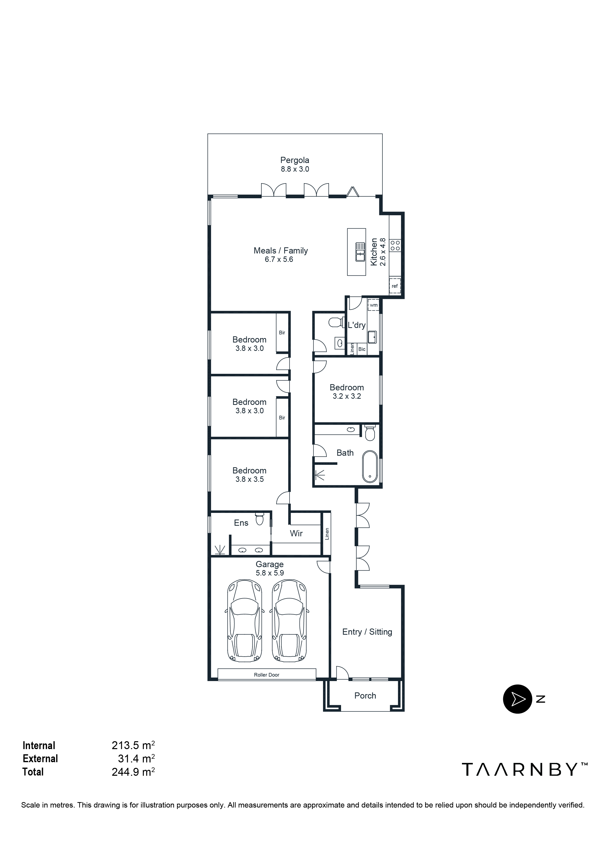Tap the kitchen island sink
pos(360,252)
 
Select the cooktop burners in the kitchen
pos(395,246)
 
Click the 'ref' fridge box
pos(395,286)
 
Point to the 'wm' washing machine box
pos(373,305)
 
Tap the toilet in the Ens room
pos(259,519)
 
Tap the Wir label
pos(296,533)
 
